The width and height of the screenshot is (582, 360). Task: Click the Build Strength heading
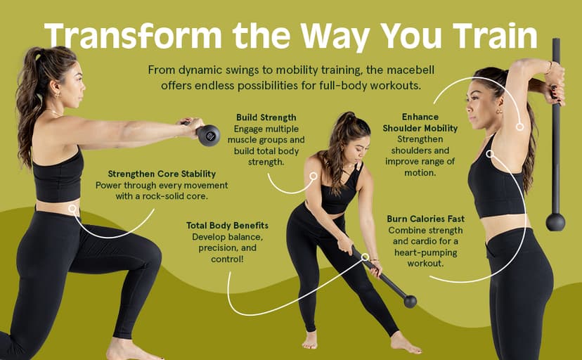[266, 117]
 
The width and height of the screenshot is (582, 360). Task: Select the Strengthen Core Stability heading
[162, 174]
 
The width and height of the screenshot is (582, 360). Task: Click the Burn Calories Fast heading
[425, 219]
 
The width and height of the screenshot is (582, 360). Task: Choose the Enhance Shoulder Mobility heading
[420, 123]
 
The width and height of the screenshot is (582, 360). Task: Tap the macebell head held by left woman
[208, 134]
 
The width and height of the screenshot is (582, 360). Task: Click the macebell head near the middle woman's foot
[410, 301]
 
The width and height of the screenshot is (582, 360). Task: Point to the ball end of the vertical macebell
[555, 221]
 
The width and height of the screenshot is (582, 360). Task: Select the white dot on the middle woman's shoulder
[314, 176]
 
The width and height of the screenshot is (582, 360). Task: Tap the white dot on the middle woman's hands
[365, 257]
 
